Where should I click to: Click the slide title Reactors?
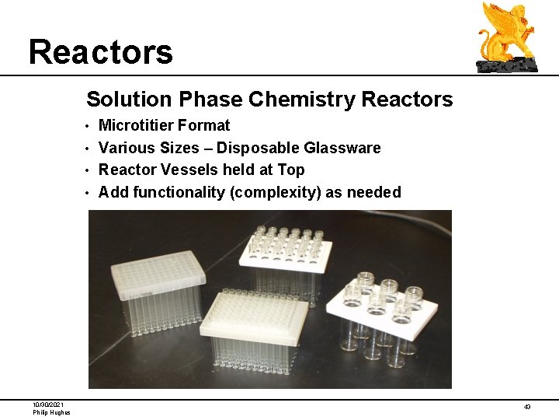tap(101, 52)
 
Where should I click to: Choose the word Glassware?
tap(342, 148)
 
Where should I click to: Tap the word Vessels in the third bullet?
tap(186, 170)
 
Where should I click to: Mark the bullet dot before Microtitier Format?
tap(89, 126)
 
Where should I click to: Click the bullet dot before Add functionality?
tap(89, 193)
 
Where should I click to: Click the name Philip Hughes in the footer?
tap(51, 412)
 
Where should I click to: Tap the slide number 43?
tap(527, 407)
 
